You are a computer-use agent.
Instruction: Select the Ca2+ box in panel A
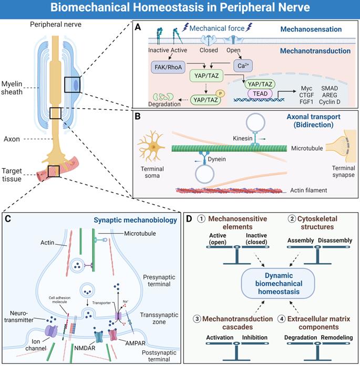point(242,66)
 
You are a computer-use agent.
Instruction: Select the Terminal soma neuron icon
point(152,148)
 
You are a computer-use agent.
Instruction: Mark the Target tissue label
point(13,173)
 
